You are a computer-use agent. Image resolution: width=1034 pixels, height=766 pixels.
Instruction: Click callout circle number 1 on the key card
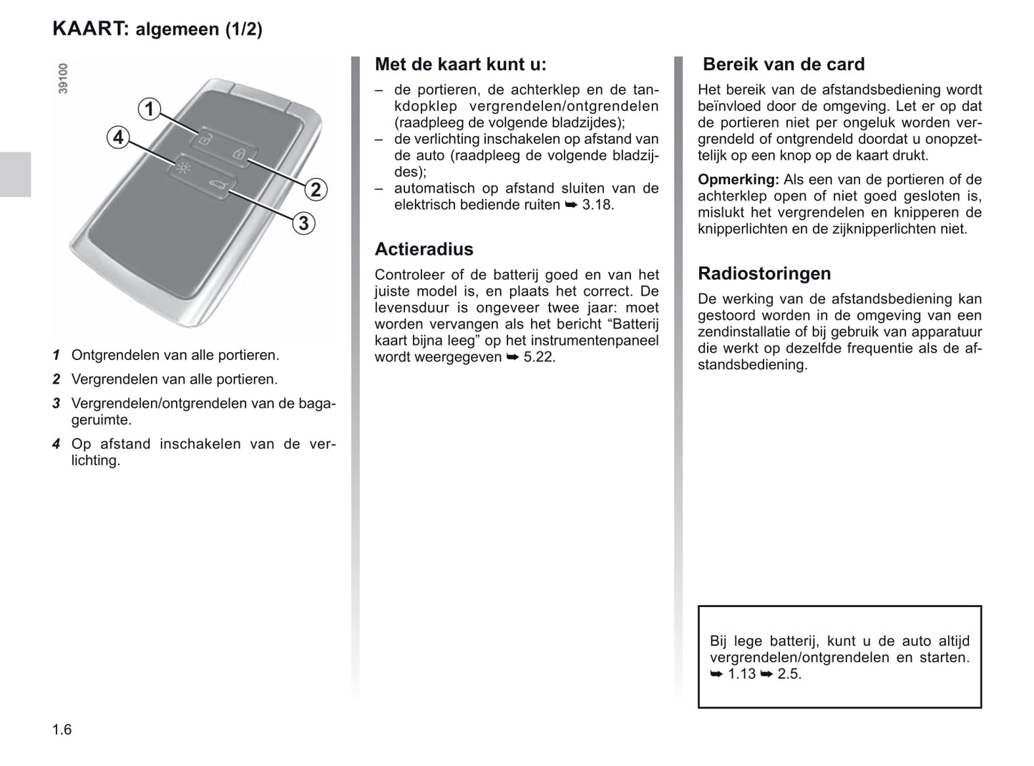click(x=150, y=110)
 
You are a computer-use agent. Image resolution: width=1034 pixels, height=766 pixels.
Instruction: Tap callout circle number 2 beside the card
click(x=315, y=190)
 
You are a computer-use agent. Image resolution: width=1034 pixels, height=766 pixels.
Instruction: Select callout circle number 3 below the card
click(x=303, y=223)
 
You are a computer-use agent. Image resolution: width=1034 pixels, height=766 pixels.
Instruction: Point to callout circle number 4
click(x=118, y=137)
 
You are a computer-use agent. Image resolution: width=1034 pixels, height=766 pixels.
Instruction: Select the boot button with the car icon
click(x=217, y=188)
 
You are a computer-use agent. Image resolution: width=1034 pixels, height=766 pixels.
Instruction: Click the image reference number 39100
click(x=64, y=78)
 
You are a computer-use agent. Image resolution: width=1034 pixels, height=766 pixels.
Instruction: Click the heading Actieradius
click(x=424, y=249)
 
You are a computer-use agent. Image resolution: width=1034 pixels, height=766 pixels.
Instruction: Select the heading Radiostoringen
click(x=764, y=273)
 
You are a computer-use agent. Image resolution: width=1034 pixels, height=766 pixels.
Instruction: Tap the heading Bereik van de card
click(x=784, y=64)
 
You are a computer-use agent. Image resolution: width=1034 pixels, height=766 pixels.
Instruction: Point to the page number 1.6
click(x=62, y=729)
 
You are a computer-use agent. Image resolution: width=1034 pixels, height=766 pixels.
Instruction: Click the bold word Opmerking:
click(x=738, y=180)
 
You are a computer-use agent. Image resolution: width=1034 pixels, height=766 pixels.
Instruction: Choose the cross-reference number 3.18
click(x=598, y=205)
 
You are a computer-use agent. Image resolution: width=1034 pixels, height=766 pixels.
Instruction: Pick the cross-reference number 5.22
click(x=539, y=357)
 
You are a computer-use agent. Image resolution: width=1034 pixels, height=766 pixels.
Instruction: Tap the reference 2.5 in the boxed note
click(x=789, y=674)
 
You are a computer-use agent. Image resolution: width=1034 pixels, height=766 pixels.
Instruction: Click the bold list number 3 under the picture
click(x=56, y=404)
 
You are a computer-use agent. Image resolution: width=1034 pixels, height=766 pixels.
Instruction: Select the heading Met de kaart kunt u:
click(x=460, y=64)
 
